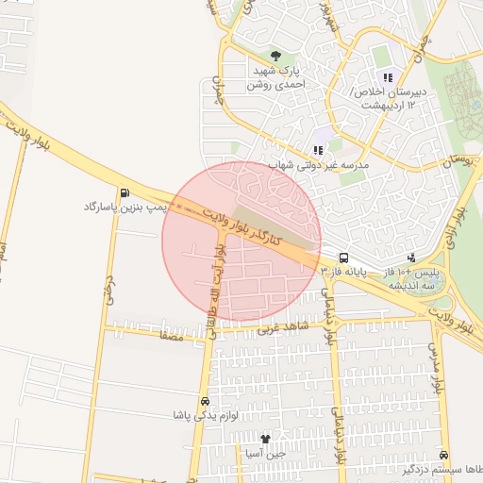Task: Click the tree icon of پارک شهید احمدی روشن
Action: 275,56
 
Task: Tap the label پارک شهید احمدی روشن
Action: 275,77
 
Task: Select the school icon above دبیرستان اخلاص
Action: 386,77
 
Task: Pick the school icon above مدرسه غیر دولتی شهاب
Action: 318,149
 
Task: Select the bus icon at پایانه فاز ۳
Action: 343,257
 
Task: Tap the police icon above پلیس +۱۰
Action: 411,257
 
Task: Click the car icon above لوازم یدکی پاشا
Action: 205,400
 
